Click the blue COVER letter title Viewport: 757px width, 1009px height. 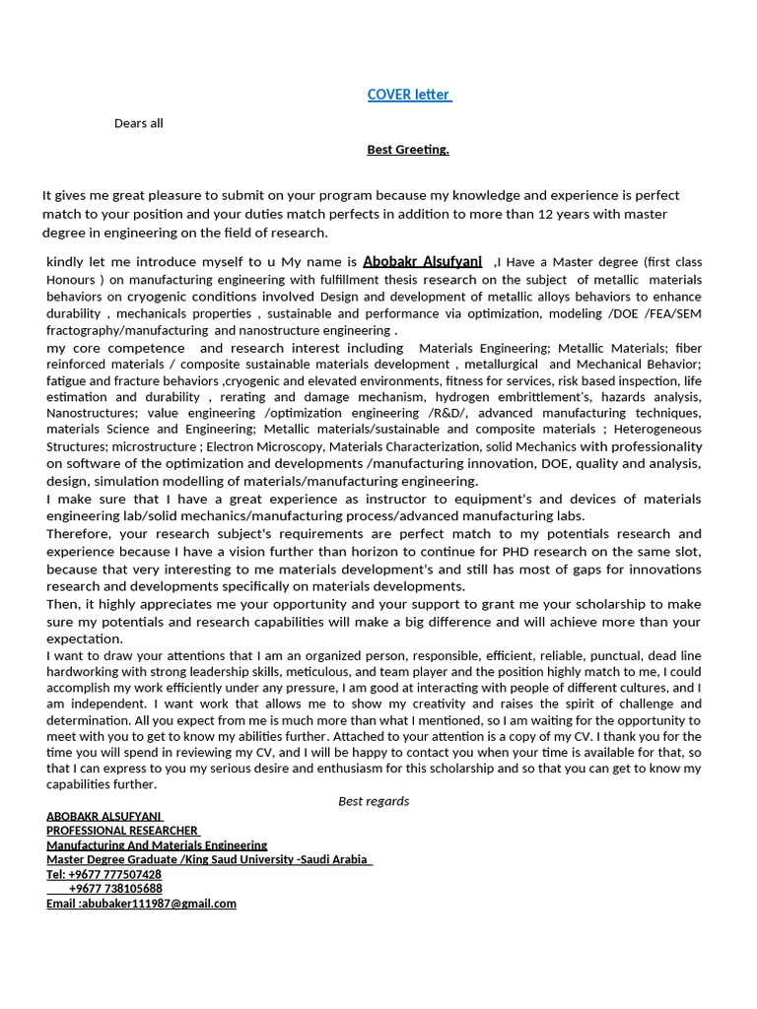coord(409,95)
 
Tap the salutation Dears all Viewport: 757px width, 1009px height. coord(139,123)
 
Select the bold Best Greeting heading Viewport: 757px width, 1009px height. coord(408,150)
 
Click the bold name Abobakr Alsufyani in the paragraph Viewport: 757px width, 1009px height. coord(422,261)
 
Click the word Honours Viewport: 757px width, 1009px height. coord(71,280)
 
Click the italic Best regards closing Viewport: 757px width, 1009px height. coord(374,801)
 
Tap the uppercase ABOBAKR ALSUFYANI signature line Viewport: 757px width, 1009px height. coord(104,816)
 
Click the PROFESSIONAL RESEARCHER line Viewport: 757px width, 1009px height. coord(122,831)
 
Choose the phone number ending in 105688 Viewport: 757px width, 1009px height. coord(115,889)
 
